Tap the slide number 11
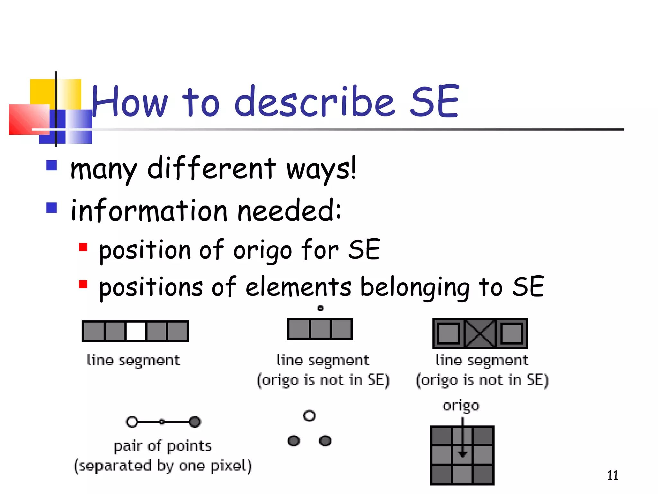point(612,475)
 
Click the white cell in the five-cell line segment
point(136,331)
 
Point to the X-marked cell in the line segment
point(480,334)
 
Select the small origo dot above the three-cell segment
point(320,308)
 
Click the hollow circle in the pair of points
point(132,422)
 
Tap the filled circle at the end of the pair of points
point(195,422)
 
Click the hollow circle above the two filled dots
point(309,416)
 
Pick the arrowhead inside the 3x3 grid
point(462,453)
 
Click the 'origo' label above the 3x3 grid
point(461,406)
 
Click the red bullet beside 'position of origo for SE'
point(83,247)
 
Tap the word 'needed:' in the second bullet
point(289,211)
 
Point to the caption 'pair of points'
point(163,446)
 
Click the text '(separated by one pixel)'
point(163,466)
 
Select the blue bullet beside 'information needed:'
point(51,207)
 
